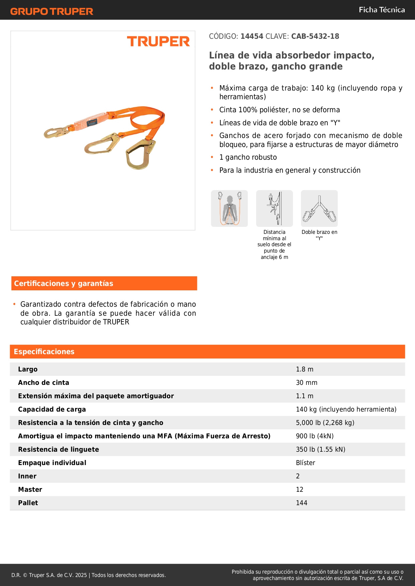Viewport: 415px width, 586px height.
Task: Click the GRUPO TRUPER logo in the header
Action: (51, 11)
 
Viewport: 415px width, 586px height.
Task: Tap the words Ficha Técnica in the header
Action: (382, 10)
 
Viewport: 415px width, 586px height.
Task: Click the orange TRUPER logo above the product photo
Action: (158, 41)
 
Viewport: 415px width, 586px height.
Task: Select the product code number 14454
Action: (252, 36)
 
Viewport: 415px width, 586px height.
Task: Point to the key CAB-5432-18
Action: (315, 36)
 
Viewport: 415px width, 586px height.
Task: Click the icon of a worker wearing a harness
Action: (229, 208)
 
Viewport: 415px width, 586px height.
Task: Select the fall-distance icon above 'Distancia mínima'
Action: (275, 208)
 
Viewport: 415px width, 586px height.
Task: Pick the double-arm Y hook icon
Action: (319, 208)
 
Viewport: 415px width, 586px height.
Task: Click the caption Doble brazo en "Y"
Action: (319, 235)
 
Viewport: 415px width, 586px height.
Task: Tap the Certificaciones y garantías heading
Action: (64, 283)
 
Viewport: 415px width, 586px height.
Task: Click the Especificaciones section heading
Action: (44, 351)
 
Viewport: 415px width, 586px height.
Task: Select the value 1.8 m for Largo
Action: (305, 369)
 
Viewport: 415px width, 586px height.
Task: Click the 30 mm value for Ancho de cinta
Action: (307, 383)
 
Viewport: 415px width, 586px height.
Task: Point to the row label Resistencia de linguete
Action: (59, 449)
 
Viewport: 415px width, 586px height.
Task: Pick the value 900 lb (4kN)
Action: (315, 436)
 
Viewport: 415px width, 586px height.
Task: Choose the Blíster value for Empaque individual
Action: (306, 463)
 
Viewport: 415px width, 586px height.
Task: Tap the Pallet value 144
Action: (302, 503)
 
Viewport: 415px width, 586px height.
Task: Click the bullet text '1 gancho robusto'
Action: (248, 157)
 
